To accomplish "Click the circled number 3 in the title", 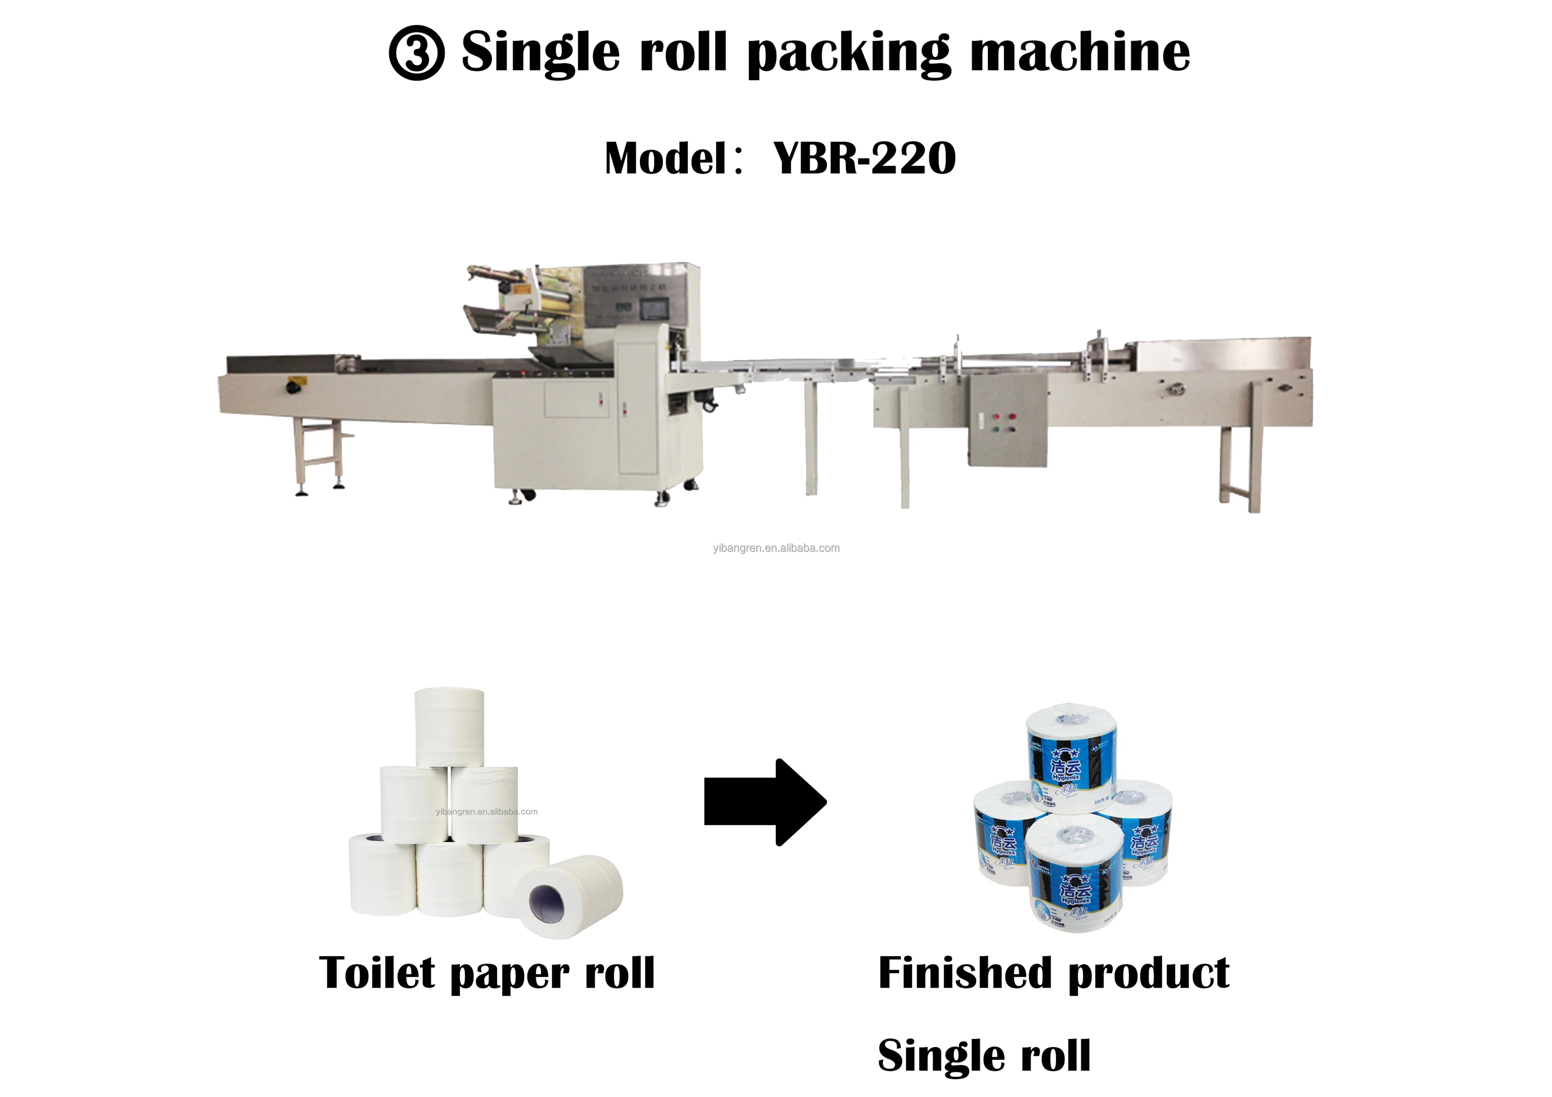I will (416, 54).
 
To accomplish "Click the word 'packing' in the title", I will (849, 54).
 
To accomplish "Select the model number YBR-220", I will (864, 159).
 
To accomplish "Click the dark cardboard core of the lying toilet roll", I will (547, 902).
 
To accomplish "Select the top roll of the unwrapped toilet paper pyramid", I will (449, 727).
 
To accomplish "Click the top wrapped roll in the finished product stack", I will (1072, 757).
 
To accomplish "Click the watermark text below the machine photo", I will (776, 548).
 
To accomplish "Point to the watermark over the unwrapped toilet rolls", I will (487, 812).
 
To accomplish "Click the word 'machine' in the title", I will (1079, 54).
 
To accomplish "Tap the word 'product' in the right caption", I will (1149, 973).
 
